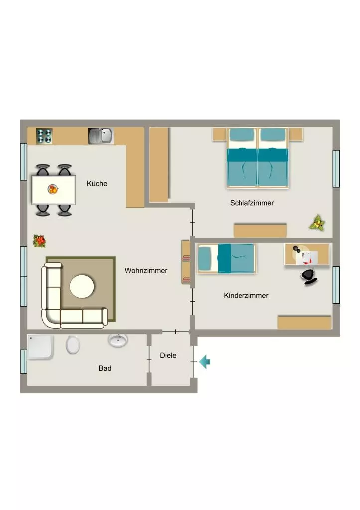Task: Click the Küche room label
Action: pos(97,183)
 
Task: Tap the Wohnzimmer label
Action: pos(146,270)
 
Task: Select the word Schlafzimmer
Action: pos(252,203)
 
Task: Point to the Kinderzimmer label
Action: pos(246,296)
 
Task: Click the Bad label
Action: pos(105,368)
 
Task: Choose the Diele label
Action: pos(168,355)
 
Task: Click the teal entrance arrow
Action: pos(204,362)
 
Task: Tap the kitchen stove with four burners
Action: pos(44,136)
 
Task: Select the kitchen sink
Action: pos(101,136)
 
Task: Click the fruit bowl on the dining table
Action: pos(53,189)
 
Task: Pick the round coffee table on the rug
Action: pos(82,286)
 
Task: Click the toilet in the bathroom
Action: pos(73,345)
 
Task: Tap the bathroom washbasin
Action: pos(118,340)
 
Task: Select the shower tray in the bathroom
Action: pos(40,347)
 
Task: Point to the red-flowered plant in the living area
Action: pos(40,241)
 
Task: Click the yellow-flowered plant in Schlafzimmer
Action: pos(317,223)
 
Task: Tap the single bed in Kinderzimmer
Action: pos(227,258)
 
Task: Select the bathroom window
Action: pos(24,362)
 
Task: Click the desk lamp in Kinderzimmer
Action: pos(296,249)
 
